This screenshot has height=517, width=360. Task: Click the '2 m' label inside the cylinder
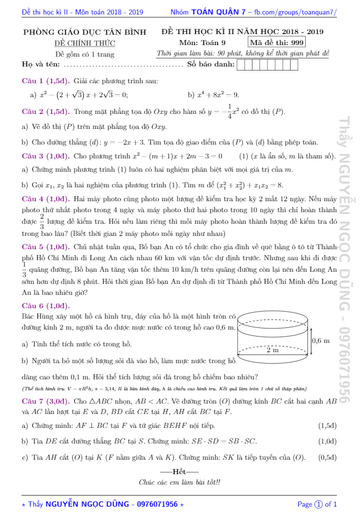click(272, 350)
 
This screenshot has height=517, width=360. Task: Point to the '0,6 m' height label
click(321, 341)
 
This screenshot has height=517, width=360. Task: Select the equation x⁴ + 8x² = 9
click(214, 95)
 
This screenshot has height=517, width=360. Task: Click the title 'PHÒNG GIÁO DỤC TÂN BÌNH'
click(84, 32)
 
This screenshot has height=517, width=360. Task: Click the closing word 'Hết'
click(179, 472)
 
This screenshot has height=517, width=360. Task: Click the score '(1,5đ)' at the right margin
click(328, 426)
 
